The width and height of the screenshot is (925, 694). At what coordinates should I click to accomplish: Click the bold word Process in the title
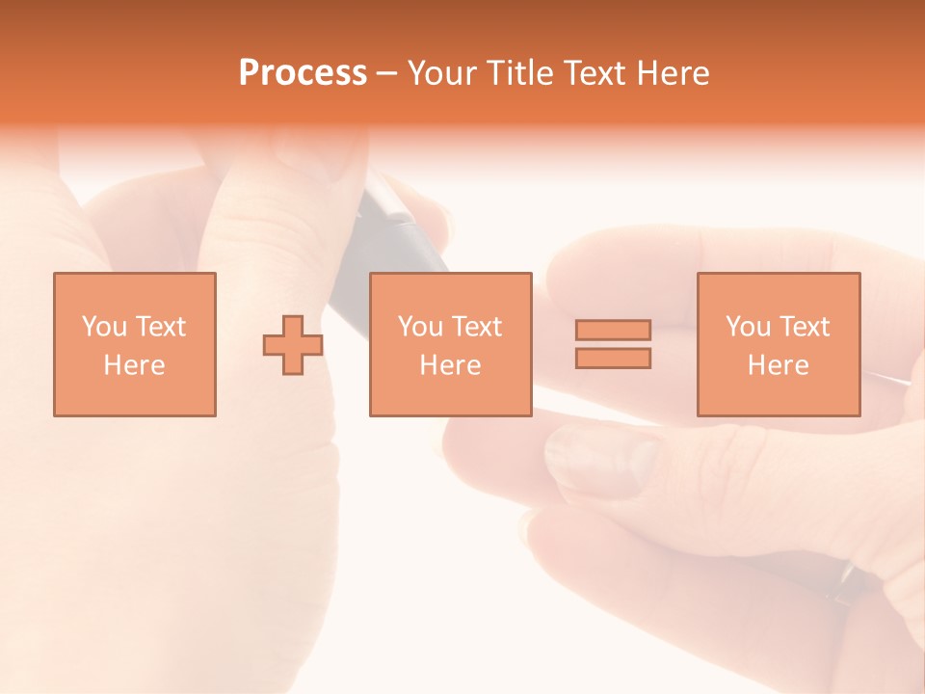click(303, 73)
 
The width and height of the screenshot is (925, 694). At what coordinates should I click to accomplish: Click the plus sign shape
click(293, 345)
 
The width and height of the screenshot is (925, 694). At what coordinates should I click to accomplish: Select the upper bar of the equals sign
click(613, 330)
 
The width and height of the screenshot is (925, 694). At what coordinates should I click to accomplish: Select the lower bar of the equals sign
click(613, 358)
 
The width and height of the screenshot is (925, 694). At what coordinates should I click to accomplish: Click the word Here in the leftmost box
click(134, 365)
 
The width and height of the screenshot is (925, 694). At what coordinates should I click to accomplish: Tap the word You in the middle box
click(420, 327)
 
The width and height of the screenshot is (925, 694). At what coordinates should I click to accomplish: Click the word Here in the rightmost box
click(778, 365)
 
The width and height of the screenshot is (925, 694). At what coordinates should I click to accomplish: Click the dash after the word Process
click(386, 74)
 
